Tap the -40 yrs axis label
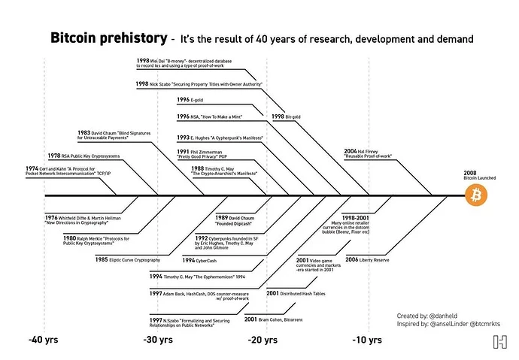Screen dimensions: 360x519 pyautogui.click(x=44, y=340)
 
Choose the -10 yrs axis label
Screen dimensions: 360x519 pyautogui.click(x=370, y=340)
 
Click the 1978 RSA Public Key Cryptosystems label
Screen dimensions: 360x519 pyautogui.click(x=93, y=156)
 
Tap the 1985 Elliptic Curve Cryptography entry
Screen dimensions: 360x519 pyautogui.click(x=127, y=259)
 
